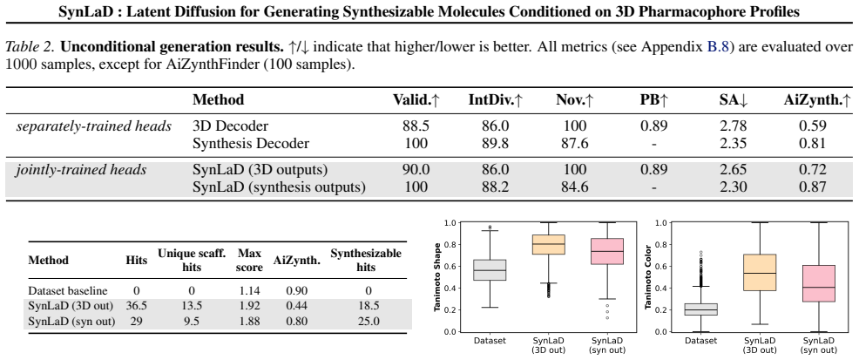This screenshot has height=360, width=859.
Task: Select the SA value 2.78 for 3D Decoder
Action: [733, 126]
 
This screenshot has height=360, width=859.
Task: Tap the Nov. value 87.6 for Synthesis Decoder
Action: [575, 144]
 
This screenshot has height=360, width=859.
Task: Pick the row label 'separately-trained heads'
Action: [94, 126]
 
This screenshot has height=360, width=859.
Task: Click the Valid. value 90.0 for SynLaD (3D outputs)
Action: [416, 170]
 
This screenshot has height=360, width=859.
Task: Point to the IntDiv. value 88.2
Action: [495, 187]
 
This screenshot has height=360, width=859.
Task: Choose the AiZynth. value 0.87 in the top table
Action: [813, 187]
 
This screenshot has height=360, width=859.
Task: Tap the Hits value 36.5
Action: [137, 306]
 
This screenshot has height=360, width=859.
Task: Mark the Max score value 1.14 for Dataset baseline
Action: [249, 290]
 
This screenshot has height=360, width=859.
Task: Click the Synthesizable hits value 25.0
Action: [369, 321]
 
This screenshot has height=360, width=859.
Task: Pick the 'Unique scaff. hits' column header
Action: [192, 261]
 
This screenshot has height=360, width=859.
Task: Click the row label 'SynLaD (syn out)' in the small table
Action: [71, 321]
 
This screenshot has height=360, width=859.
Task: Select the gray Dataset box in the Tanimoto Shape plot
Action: [490, 270]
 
